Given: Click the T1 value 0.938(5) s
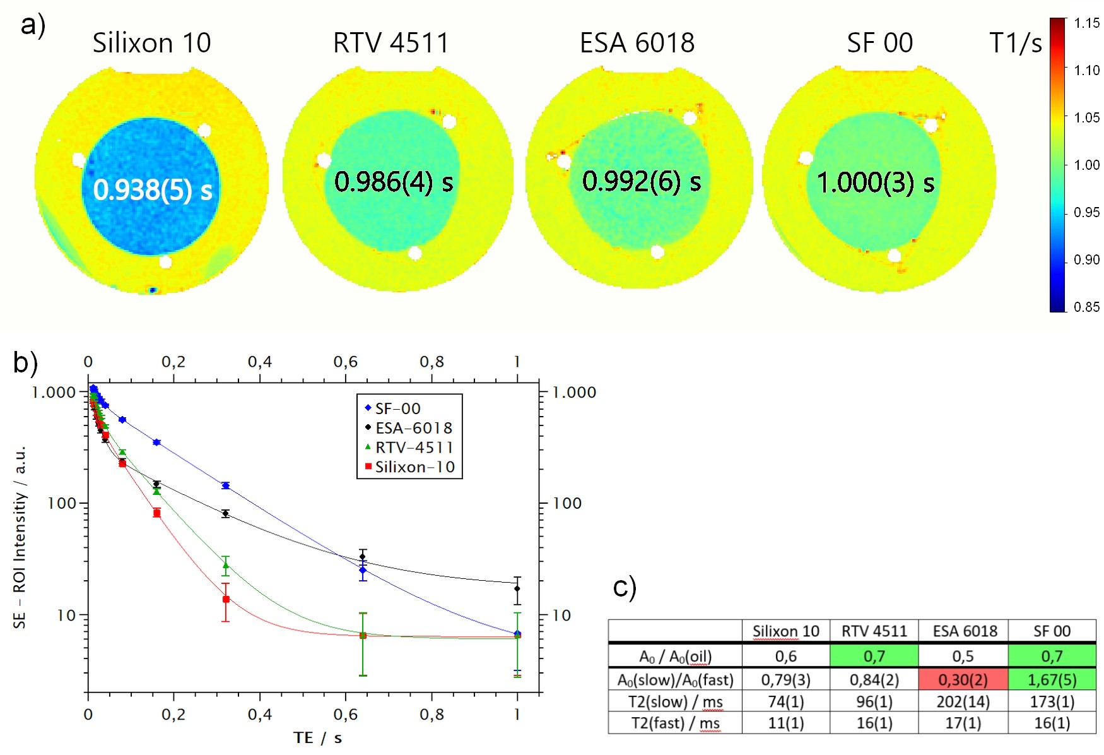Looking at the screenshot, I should click(153, 189).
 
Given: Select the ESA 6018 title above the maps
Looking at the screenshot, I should click(637, 43).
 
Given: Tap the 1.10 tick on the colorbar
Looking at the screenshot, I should click(1086, 70).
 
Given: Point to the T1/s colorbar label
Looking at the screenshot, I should click(1015, 43).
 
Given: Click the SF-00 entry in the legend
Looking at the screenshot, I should click(397, 408).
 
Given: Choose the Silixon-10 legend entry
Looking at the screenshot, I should click(414, 467).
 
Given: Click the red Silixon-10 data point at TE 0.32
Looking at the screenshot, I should click(226, 599).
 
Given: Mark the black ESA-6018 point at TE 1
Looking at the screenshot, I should click(517, 589).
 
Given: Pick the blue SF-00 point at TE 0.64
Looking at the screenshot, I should click(363, 571).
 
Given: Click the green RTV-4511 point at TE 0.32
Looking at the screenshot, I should click(226, 565).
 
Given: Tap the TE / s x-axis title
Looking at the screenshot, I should click(317, 737).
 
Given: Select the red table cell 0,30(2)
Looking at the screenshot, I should click(963, 680).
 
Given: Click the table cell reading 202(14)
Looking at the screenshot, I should click(963, 702).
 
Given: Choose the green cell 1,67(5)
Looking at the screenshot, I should click(1052, 680).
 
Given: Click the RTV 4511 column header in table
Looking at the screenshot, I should click(874, 631).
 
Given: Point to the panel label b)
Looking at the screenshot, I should click(25, 363).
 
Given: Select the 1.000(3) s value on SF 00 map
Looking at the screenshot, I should click(876, 183).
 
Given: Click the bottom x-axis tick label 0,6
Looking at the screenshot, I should click(345, 715).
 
